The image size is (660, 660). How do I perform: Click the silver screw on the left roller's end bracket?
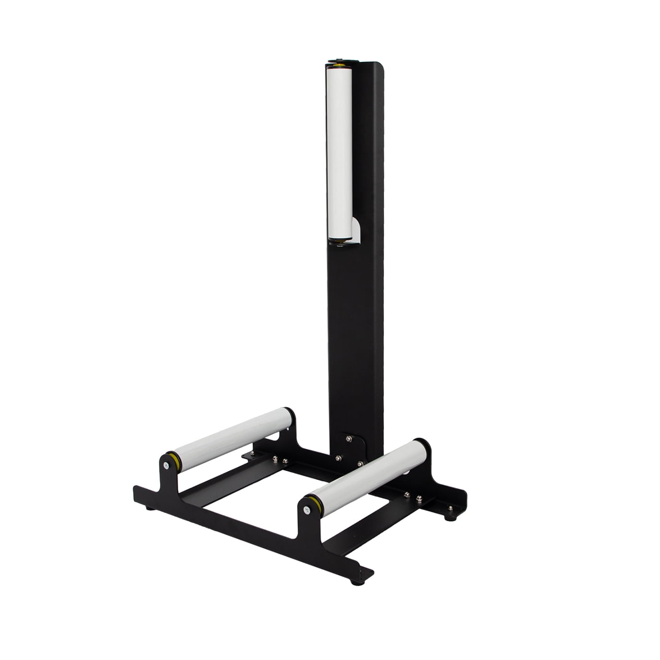point(166,465)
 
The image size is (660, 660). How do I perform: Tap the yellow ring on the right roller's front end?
point(316,504)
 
